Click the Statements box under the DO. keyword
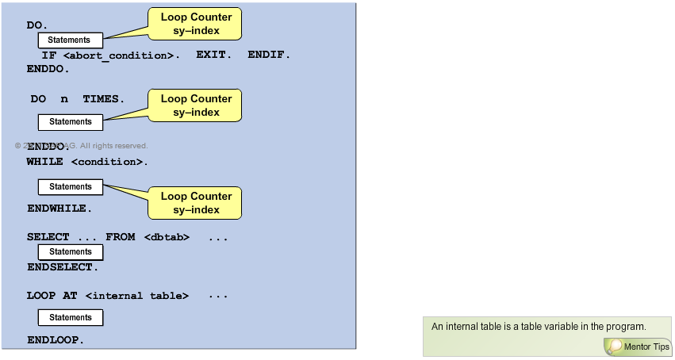point(70,40)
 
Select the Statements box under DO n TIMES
point(71,121)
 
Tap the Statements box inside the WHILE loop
point(71,187)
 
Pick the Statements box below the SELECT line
point(71,252)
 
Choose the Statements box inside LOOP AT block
point(71,317)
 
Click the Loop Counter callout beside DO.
point(196,24)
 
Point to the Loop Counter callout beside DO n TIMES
point(196,105)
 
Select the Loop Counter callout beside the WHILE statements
point(196,203)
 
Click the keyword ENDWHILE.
point(59,209)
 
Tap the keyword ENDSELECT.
point(63,267)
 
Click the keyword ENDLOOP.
point(56,339)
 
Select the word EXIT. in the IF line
point(213,56)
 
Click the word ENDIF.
point(269,56)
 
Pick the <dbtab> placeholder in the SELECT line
point(167,237)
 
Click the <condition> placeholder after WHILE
point(109,162)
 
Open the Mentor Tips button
point(638,347)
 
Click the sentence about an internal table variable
point(539,326)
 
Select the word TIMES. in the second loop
point(103,99)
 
